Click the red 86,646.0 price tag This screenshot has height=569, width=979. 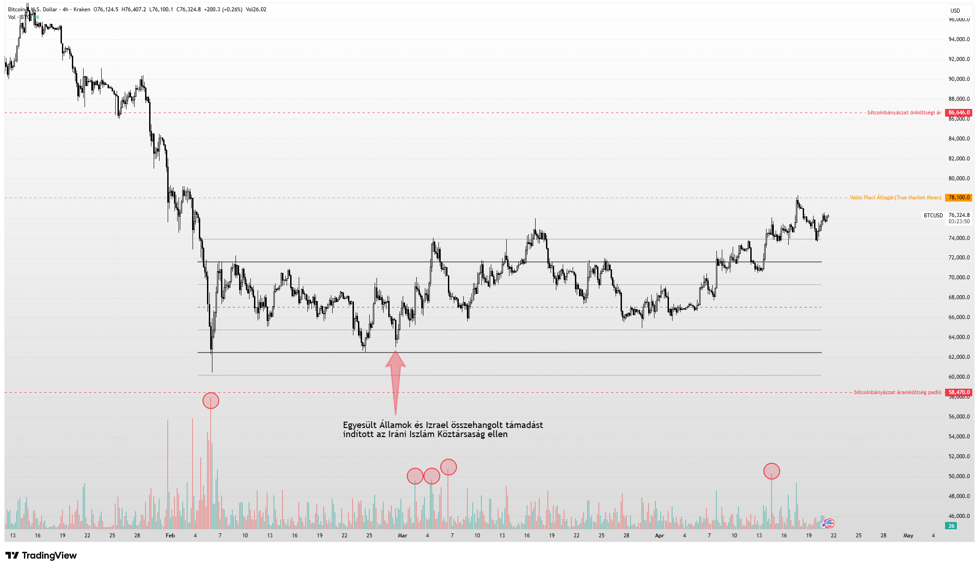pyautogui.click(x=959, y=113)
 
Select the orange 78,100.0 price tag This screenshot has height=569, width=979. pyautogui.click(x=959, y=198)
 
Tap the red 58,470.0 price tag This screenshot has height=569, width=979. pyautogui.click(x=959, y=392)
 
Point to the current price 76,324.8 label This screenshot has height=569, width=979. pyautogui.click(x=959, y=215)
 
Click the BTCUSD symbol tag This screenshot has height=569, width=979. pyautogui.click(x=933, y=216)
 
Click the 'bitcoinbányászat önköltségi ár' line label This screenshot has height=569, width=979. pyautogui.click(x=904, y=113)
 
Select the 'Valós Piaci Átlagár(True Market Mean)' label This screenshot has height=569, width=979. pyautogui.click(x=895, y=198)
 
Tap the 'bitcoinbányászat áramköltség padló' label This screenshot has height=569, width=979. pyautogui.click(x=897, y=392)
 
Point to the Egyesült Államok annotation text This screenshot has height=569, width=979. pyautogui.click(x=443, y=429)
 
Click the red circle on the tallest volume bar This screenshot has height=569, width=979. pyautogui.click(x=211, y=401)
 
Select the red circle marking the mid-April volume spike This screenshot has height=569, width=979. pyautogui.click(x=772, y=471)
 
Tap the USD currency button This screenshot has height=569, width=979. pyautogui.click(x=955, y=10)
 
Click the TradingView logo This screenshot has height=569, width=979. pyautogui.click(x=41, y=555)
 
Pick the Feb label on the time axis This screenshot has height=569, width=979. pyautogui.click(x=170, y=536)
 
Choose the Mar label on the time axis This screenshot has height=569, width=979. pyautogui.click(x=402, y=536)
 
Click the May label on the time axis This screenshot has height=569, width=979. pyautogui.click(x=908, y=536)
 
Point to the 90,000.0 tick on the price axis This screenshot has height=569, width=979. pyautogui.click(x=959, y=79)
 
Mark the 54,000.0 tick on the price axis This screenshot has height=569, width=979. pyautogui.click(x=959, y=437)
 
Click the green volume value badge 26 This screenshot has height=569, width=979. pyautogui.click(x=951, y=526)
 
